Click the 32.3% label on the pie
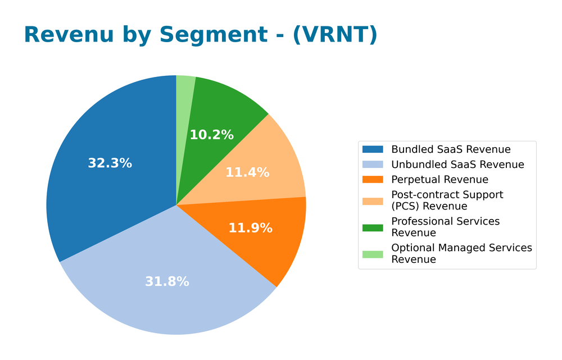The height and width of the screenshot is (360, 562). pyautogui.click(x=110, y=163)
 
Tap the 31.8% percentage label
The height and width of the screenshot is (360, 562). pyautogui.click(x=167, y=282)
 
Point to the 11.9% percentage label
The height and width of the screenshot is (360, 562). pyautogui.click(x=250, y=228)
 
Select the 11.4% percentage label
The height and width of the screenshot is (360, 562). pyautogui.click(x=247, y=173)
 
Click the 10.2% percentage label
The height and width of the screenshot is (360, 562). pyautogui.click(x=211, y=135)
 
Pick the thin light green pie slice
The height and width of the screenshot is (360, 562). pyautogui.click(x=185, y=90)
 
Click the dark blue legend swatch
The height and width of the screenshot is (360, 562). pyautogui.click(x=373, y=149)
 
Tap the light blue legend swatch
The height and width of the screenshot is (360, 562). pyautogui.click(x=373, y=165)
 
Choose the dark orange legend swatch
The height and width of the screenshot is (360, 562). pyautogui.click(x=373, y=180)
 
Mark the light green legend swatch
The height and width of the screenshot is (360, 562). pyautogui.click(x=373, y=254)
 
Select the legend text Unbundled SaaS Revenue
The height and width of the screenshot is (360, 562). pyautogui.click(x=457, y=165)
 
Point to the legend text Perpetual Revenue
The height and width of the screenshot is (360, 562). pyautogui.click(x=439, y=180)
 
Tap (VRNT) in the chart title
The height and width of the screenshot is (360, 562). pyautogui.click(x=335, y=35)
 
